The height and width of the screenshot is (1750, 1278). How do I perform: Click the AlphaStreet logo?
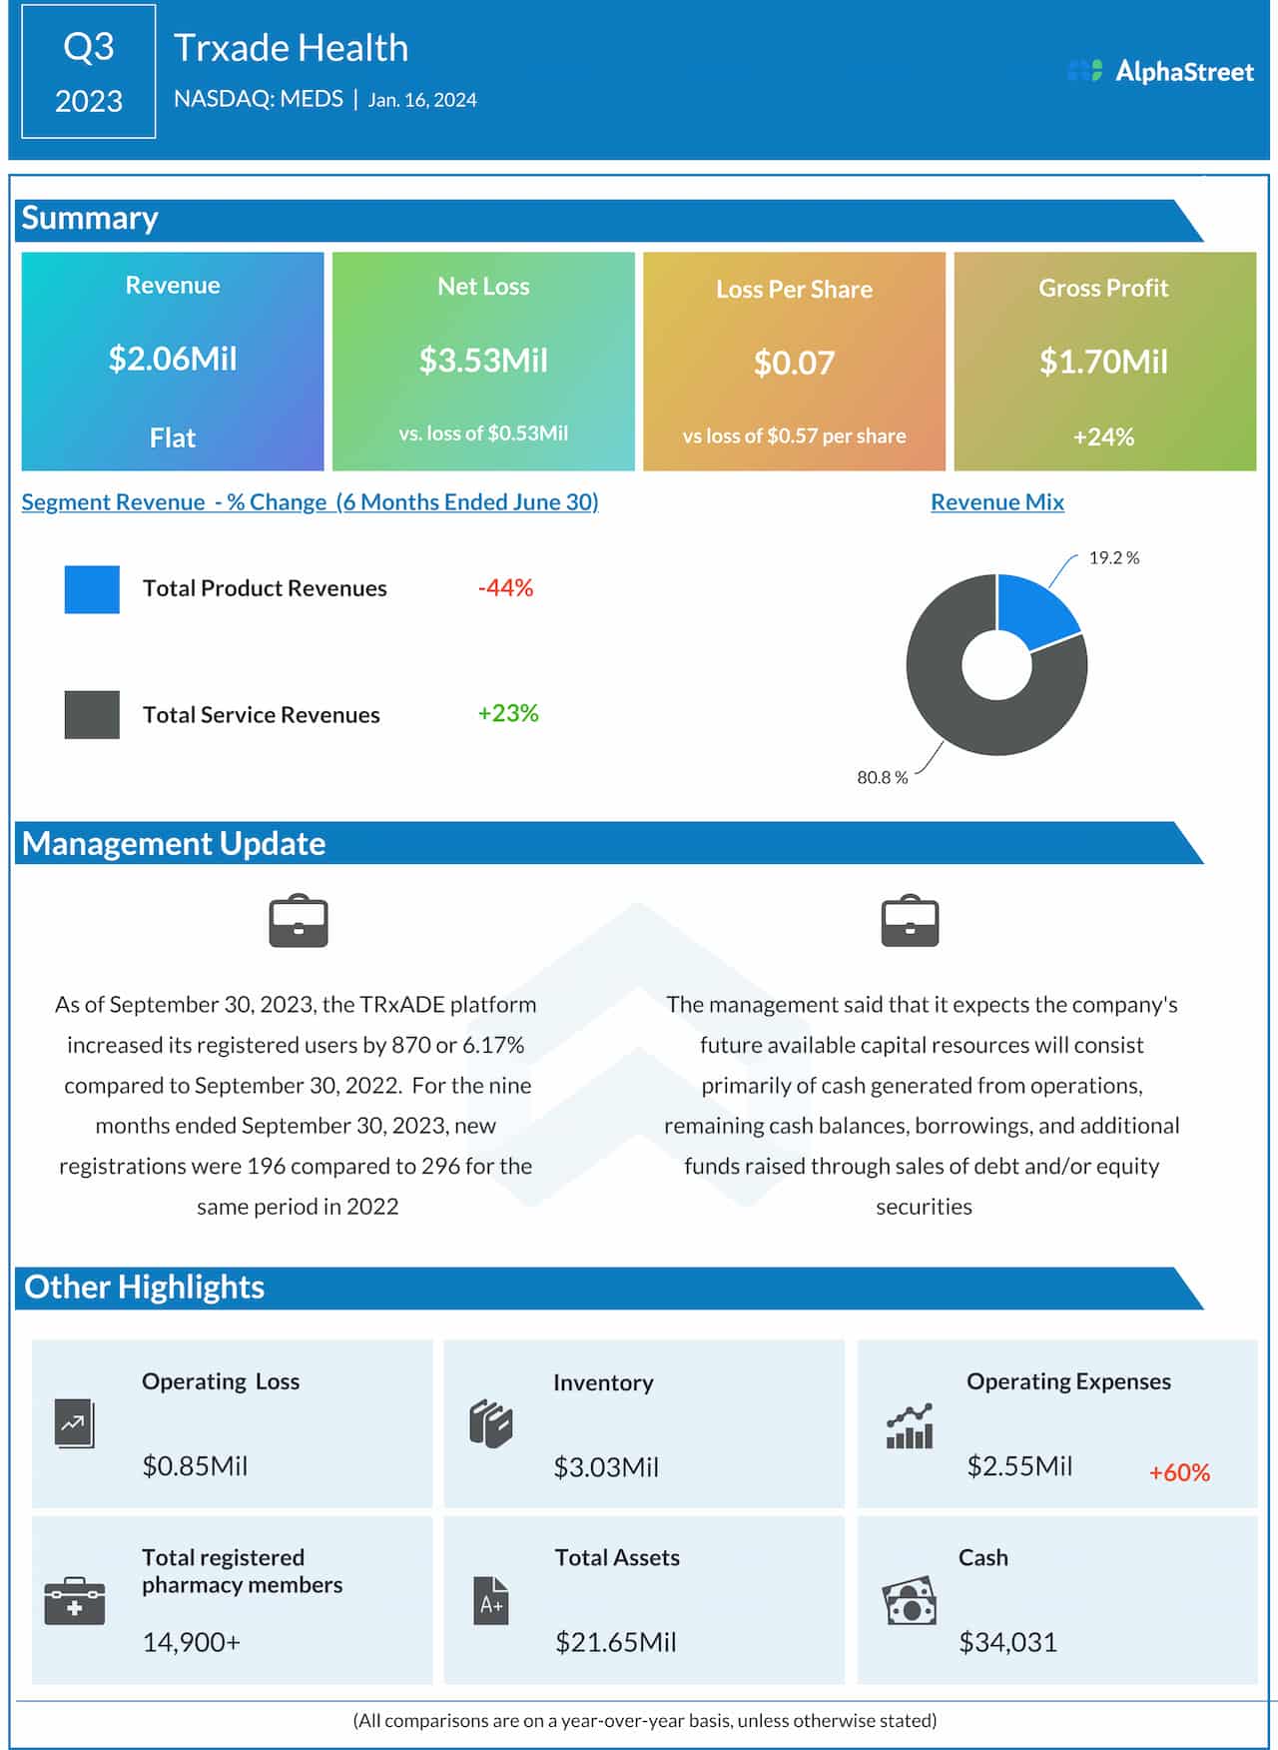pyautogui.click(x=1160, y=71)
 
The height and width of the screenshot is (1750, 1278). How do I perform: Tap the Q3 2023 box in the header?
pyautogui.click(x=89, y=72)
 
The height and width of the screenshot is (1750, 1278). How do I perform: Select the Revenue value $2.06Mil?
pyautogui.click(x=173, y=359)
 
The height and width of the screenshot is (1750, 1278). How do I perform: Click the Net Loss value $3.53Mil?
pyautogui.click(x=483, y=361)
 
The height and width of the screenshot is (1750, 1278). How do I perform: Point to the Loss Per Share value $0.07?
pyautogui.click(x=794, y=363)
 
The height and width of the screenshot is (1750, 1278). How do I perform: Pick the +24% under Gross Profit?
pyautogui.click(x=1103, y=437)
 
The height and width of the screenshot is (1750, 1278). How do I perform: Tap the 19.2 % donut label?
pyautogui.click(x=1113, y=558)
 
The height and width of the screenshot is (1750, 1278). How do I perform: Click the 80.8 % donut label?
pyautogui.click(x=882, y=777)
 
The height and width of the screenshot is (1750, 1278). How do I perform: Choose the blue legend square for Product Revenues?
pyautogui.click(x=92, y=589)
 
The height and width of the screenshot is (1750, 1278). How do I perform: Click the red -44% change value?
pyautogui.click(x=505, y=588)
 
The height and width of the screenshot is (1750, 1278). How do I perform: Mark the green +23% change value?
pyautogui.click(x=507, y=713)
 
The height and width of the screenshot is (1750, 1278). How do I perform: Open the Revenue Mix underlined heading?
pyautogui.click(x=996, y=502)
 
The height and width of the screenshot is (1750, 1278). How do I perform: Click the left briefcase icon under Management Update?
pyautogui.click(x=299, y=921)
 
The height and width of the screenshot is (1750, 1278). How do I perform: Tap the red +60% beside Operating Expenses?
pyautogui.click(x=1179, y=1472)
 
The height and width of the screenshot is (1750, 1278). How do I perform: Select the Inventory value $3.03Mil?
pyautogui.click(x=606, y=1467)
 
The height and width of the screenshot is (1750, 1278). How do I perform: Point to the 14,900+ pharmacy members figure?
pyautogui.click(x=192, y=1642)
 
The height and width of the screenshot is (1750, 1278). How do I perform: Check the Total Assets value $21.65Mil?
pyautogui.click(x=615, y=1642)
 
